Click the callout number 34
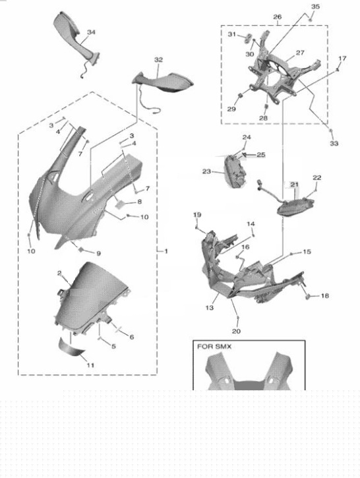point(91,31)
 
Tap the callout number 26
point(277,16)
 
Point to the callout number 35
point(315,7)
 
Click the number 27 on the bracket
point(299,53)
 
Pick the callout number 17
point(342,59)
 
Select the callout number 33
point(334,143)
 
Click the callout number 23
point(206,171)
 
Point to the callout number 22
point(317,178)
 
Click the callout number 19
point(196,215)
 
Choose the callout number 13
point(209,308)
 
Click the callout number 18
point(324,296)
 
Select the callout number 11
point(90,365)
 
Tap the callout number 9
point(98,253)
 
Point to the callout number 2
point(59,273)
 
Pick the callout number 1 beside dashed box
point(165,251)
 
